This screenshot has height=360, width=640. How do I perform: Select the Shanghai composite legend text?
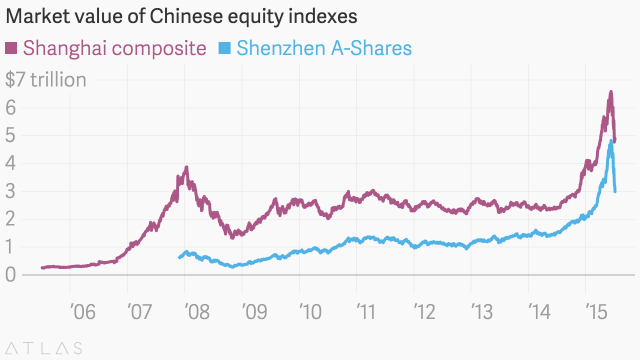pyautogui.click(x=115, y=48)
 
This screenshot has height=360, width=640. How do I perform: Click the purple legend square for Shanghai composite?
pyautogui.click(x=12, y=48)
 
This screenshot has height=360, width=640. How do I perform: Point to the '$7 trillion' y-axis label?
pyautogui.click(x=46, y=79)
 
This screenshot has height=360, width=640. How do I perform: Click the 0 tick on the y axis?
pyautogui.click(x=12, y=275)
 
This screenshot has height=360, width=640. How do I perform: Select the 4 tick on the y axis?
pyautogui.click(x=12, y=163)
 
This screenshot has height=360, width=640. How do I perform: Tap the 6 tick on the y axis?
pyautogui.click(x=12, y=107)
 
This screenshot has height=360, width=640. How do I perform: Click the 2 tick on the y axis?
pyautogui.click(x=12, y=219)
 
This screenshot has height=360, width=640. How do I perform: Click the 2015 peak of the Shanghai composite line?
pyautogui.click(x=610, y=92)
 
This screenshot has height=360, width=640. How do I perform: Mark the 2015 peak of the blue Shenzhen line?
pyautogui.click(x=611, y=141)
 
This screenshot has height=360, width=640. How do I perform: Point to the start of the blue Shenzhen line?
pyautogui.click(x=179, y=257)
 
